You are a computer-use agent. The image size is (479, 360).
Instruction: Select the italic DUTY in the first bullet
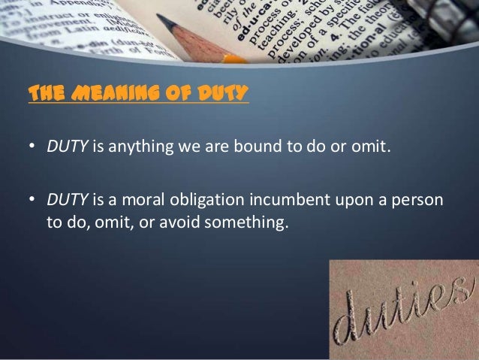pyautogui.click(x=68, y=145)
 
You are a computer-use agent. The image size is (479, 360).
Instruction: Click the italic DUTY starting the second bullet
pyautogui.click(x=68, y=201)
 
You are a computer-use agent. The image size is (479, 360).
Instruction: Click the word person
pyautogui.click(x=418, y=201)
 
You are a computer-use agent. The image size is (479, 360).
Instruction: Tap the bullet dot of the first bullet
pyautogui.click(x=32, y=146)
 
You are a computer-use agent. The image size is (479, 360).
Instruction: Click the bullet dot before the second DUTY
pyautogui.click(x=32, y=201)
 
